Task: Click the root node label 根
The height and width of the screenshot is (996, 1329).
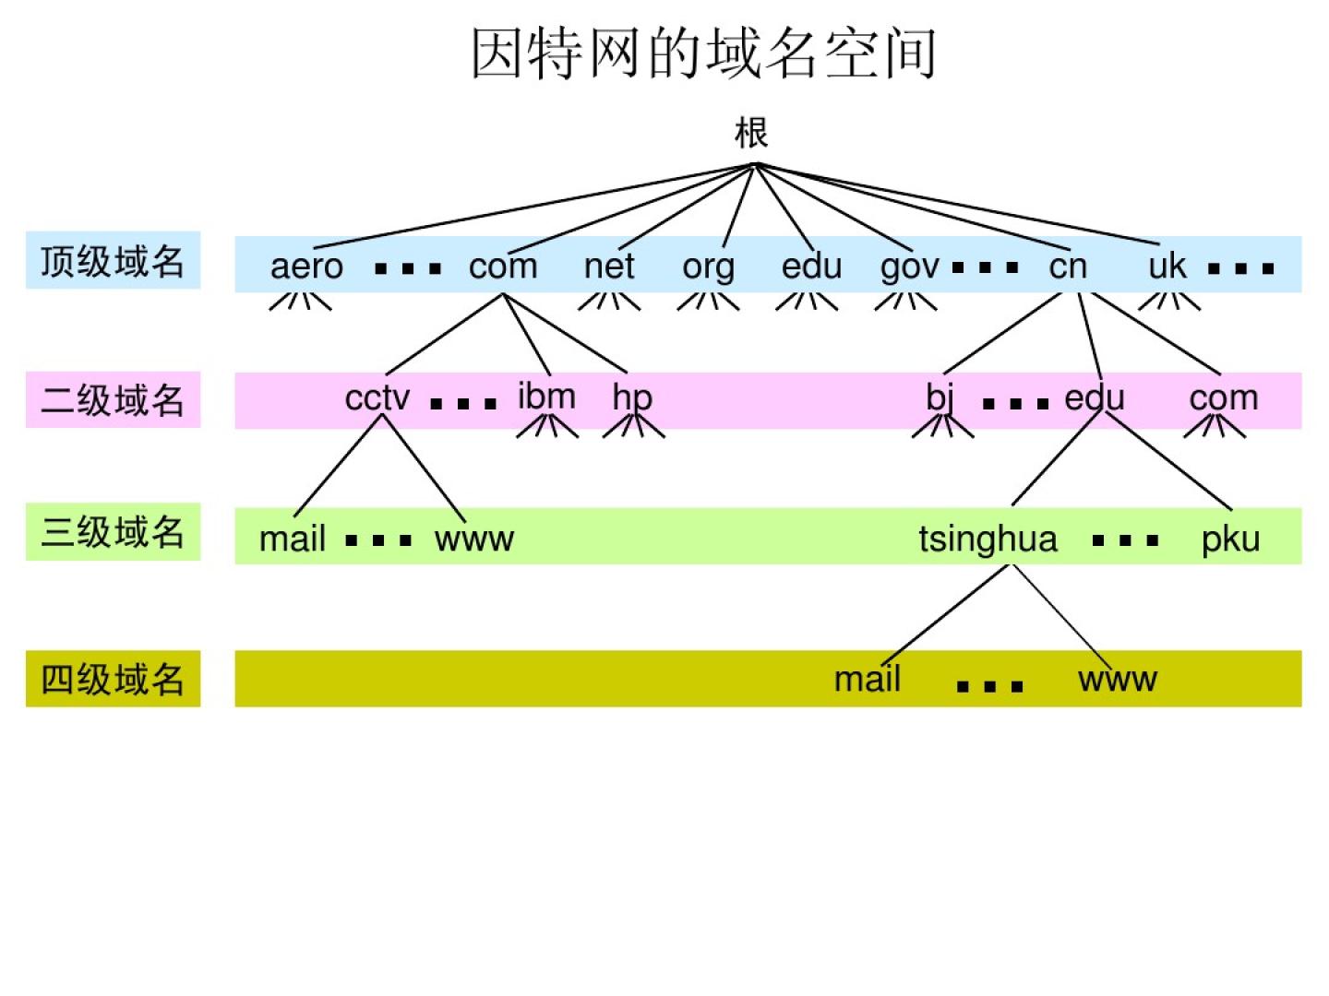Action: point(751,133)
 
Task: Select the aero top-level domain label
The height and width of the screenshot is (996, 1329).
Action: point(306,267)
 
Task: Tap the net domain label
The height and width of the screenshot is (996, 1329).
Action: point(609,267)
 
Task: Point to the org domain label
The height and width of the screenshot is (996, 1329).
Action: point(708,267)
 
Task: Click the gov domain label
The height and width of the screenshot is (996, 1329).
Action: point(909,267)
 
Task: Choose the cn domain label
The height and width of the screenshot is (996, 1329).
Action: point(1068,267)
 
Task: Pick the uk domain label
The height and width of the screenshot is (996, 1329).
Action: point(1167,267)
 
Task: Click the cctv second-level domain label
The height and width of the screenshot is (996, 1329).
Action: point(377,397)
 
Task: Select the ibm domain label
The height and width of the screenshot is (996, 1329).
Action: point(546,397)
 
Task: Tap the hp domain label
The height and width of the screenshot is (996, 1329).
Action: point(632,397)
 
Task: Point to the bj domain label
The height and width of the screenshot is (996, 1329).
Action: point(940,397)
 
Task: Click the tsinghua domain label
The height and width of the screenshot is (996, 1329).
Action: point(988,539)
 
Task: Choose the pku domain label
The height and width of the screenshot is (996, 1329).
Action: point(1230,539)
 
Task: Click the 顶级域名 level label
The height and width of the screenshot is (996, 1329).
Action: point(113,261)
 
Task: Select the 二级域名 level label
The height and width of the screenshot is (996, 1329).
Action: point(113,400)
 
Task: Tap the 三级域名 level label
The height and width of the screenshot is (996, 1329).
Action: point(113,532)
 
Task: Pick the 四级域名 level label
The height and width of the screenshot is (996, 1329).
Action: point(113,680)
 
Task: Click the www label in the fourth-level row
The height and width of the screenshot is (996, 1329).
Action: point(1117,680)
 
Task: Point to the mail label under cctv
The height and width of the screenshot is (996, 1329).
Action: point(293,539)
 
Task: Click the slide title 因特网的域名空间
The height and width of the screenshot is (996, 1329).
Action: point(703,53)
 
